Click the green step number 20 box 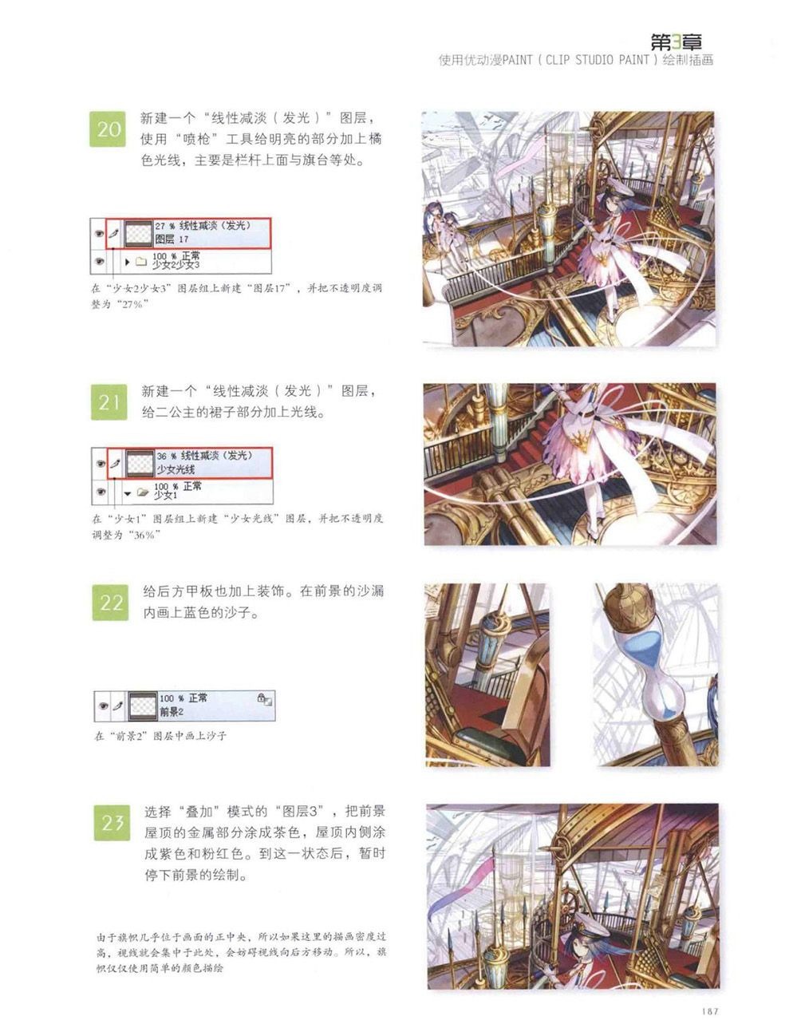[108, 129]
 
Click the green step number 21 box [109, 402]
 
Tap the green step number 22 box [110, 603]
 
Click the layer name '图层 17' [172, 239]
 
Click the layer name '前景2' [172, 712]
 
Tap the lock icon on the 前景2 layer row [262, 698]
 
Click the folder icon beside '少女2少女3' [140, 262]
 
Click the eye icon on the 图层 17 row [99, 233]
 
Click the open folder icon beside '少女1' [143, 492]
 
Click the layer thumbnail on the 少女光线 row [140, 463]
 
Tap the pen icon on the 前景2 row [118, 705]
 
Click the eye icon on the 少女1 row [101, 492]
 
